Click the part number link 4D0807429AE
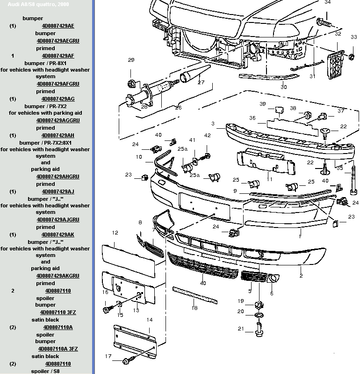(x=58, y=26)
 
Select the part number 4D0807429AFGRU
(x=58, y=84)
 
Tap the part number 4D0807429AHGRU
(x=58, y=176)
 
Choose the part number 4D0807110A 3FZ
(x=58, y=349)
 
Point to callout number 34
(x=327, y=2)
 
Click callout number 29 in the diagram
(x=131, y=60)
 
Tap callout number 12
(x=115, y=232)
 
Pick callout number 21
(x=240, y=329)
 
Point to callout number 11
(x=269, y=179)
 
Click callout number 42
(x=208, y=135)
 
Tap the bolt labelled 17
(x=127, y=361)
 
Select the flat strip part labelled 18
(x=194, y=295)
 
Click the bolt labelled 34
(x=323, y=22)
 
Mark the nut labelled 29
(x=131, y=85)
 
